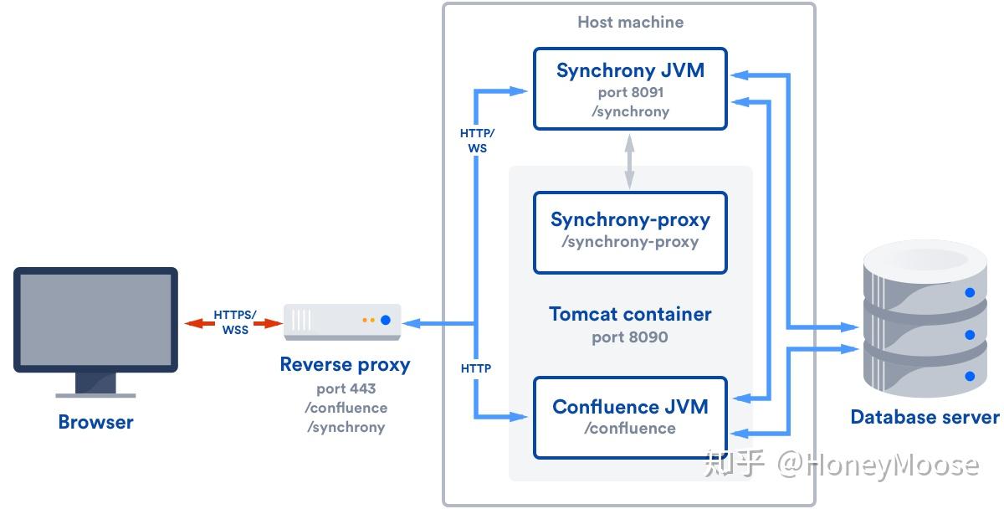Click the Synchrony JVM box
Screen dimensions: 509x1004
(x=630, y=88)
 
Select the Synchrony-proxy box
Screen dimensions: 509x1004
(x=630, y=232)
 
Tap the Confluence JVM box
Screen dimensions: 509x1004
(x=630, y=417)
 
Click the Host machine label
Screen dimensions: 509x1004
(x=630, y=23)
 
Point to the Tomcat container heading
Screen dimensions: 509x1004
(x=630, y=314)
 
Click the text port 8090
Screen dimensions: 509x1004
(x=630, y=337)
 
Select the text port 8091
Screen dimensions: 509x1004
(x=630, y=92)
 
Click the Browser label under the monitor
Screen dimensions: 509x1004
(x=95, y=422)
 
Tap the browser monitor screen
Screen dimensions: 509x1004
(x=95, y=319)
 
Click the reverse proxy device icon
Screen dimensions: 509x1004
(x=341, y=321)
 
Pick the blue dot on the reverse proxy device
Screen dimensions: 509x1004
(x=386, y=320)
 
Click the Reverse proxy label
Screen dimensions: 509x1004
(x=345, y=364)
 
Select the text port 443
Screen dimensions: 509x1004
(x=346, y=388)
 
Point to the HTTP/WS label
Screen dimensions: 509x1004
(x=477, y=141)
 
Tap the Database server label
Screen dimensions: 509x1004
(x=925, y=417)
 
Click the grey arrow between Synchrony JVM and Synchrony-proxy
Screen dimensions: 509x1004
(x=629, y=162)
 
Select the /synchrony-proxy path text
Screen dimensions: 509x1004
(x=630, y=242)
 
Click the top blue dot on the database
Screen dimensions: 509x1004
(x=970, y=293)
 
